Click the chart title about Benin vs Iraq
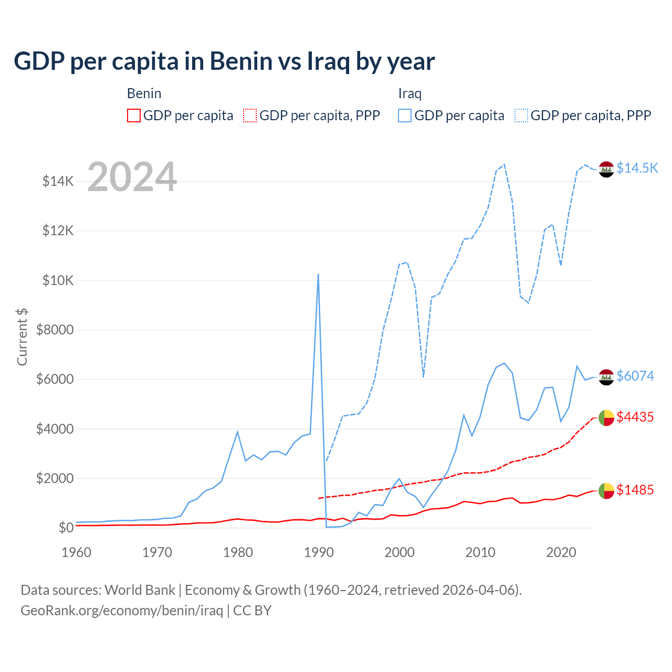coord(224,61)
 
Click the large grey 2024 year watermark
coord(132,177)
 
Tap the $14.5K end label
coord(637,168)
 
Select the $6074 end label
coord(635,376)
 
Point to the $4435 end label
coord(635,417)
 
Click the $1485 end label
coord(635,490)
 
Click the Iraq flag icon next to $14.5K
coord(606,169)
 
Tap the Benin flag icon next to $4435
coord(606,418)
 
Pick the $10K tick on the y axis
coord(58,280)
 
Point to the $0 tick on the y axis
coord(65,528)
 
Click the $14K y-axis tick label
coord(58,182)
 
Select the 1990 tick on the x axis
coord(319,552)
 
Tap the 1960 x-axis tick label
coord(77,552)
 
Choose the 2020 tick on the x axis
coord(561,552)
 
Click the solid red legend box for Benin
coord(134,115)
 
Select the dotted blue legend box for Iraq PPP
coord(521,115)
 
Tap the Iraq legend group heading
coord(409,94)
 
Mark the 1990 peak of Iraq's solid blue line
coord(318,274)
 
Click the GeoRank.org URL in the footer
coord(122,611)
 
